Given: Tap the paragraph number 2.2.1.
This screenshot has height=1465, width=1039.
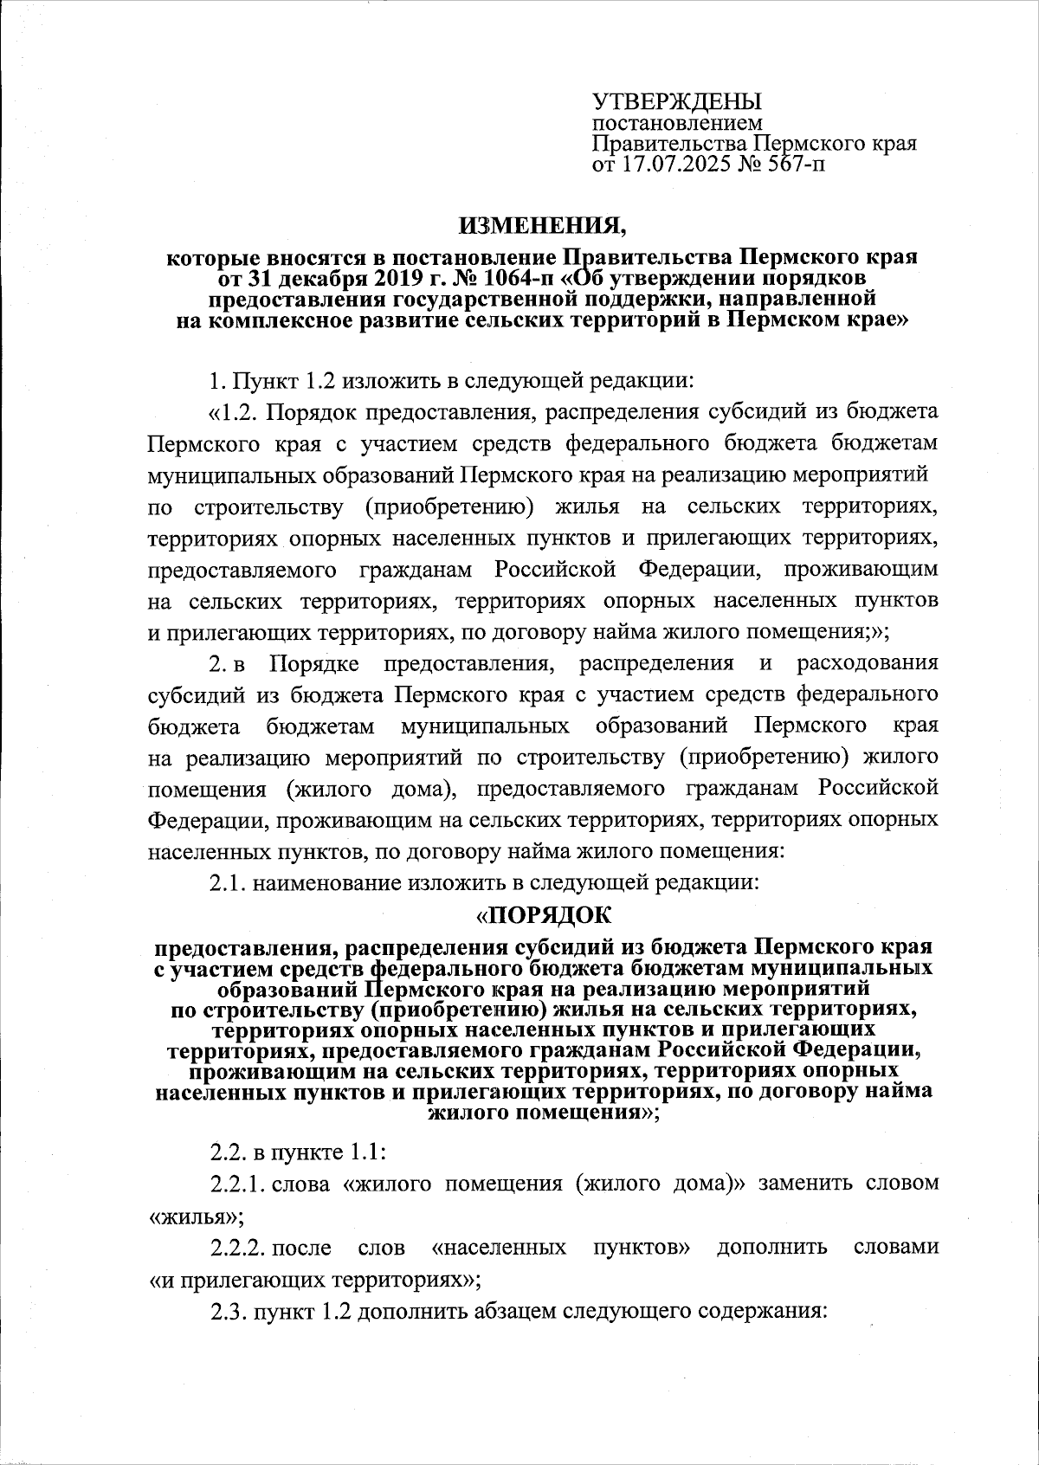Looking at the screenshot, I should point(238,1184).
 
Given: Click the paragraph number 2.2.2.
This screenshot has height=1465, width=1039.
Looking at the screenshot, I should point(238,1248).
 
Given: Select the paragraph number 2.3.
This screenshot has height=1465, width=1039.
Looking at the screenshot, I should point(229,1312).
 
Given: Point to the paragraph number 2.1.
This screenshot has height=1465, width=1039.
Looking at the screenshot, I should point(229,883).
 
